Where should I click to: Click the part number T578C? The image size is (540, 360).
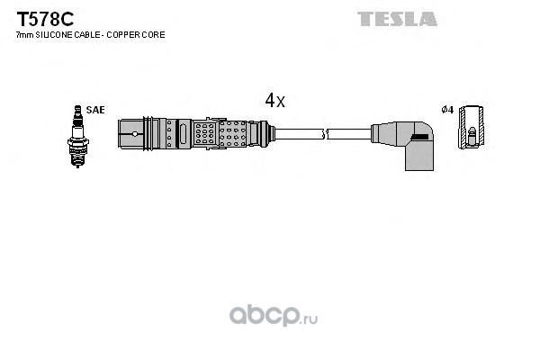pyautogui.click(x=45, y=19)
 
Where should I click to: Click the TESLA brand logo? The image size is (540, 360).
pyautogui.click(x=397, y=19)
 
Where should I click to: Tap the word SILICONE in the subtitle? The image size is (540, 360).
pyautogui.click(x=53, y=35)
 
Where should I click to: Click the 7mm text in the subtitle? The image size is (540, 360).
pyautogui.click(x=25, y=35)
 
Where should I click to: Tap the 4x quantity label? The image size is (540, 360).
pyautogui.click(x=274, y=101)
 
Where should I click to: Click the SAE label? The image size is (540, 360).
pyautogui.click(x=95, y=110)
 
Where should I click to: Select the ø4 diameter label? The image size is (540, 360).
pyautogui.click(x=447, y=110)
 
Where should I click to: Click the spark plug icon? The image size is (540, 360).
pyautogui.click(x=77, y=137)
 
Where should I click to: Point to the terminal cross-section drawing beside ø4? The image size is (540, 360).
pyautogui.click(x=471, y=128)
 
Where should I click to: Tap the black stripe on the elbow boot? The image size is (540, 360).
pyautogui.click(x=420, y=137)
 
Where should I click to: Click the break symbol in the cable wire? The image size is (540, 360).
pyautogui.click(x=324, y=134)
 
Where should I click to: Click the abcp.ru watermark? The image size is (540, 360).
pyautogui.click(x=274, y=316)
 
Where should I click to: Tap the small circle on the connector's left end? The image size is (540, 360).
pyautogui.click(x=135, y=134)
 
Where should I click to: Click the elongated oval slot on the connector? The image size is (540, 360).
pyautogui.click(x=183, y=134)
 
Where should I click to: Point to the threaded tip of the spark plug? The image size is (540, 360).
pyautogui.click(x=77, y=159)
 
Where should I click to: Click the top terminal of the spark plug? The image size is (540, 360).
pyautogui.click(x=77, y=110)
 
